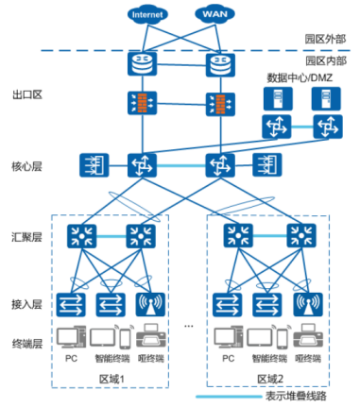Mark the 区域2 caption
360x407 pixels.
coord(270,378)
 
